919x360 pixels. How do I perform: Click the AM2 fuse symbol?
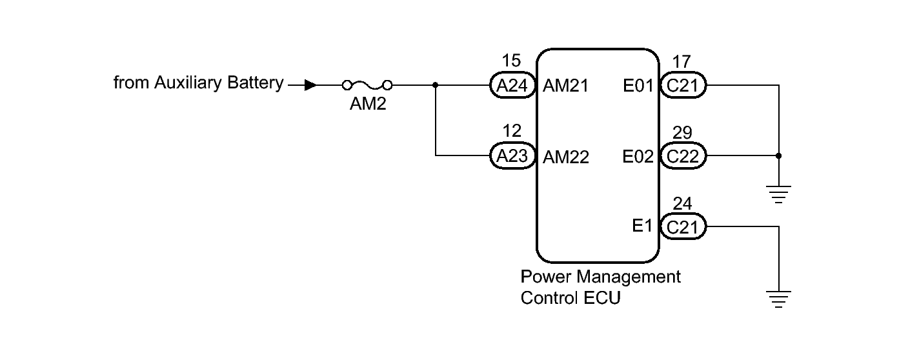[x=367, y=85]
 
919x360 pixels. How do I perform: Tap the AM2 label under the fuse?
[x=368, y=104]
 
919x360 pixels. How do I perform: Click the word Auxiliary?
[x=188, y=83]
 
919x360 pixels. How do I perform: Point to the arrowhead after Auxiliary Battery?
[x=310, y=85]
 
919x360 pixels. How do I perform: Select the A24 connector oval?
[x=512, y=85]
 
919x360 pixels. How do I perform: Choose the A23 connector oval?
[x=512, y=156]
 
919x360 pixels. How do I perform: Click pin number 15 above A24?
[x=511, y=61]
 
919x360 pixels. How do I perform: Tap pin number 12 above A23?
[x=512, y=131]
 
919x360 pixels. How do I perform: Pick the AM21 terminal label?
[x=566, y=86]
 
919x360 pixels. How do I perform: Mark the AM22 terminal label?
[x=566, y=157]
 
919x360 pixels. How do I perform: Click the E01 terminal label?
[x=638, y=86]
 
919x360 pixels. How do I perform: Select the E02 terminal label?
[x=638, y=157]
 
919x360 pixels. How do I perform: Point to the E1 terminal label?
[x=642, y=226]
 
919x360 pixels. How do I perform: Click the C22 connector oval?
[x=683, y=156]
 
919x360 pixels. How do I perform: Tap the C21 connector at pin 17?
[x=683, y=85]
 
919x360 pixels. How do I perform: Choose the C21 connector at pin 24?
[x=683, y=226]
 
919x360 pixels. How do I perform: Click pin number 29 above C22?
[x=682, y=132]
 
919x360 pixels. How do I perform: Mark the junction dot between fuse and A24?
[x=435, y=85]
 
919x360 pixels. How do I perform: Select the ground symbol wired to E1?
[x=779, y=299]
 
